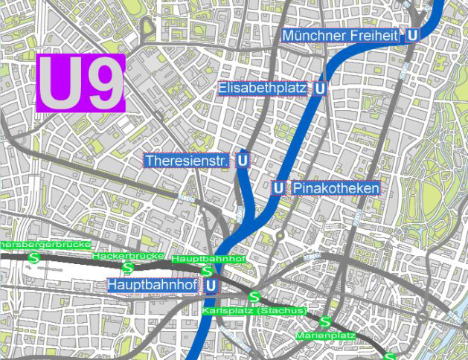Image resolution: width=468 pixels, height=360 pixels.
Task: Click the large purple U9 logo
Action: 80,83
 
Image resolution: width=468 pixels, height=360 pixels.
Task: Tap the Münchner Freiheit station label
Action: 342,35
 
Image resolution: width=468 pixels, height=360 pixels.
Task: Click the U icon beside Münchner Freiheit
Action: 412,35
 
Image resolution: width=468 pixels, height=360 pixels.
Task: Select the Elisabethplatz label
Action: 263,89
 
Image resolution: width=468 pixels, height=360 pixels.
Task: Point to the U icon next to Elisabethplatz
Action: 320,89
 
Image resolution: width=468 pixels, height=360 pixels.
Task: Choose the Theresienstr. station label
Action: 187,161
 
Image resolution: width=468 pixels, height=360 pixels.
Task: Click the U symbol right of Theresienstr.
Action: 243,161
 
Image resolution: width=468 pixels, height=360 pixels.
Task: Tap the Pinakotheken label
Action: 336,188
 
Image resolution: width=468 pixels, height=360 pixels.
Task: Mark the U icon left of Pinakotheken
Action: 278,188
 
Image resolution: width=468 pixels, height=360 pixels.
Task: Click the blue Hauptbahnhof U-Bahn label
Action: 152,285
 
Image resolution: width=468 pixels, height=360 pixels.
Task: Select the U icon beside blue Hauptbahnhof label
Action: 211,285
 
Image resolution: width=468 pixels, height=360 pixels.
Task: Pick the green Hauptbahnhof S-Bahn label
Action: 208,259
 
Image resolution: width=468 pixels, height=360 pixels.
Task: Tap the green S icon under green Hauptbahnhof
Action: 206,271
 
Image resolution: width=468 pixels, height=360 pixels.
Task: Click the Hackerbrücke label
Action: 128,256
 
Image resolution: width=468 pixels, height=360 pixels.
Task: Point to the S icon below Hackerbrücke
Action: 128,267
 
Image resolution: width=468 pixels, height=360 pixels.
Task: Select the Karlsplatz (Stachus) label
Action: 254,310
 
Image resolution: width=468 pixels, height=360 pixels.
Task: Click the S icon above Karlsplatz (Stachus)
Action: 254,298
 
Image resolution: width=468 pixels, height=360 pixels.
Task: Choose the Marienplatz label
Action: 325,335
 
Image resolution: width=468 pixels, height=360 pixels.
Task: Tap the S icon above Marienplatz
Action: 325,322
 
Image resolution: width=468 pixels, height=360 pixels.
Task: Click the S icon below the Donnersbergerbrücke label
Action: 33,257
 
